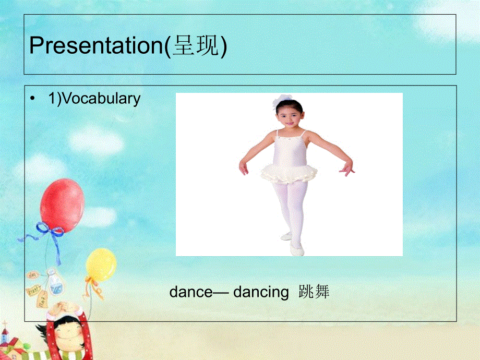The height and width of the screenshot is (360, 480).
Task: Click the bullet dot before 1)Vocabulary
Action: pos(34,99)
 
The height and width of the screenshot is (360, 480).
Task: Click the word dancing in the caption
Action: pos(261,293)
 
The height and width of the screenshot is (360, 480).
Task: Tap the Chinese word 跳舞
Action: pos(314,293)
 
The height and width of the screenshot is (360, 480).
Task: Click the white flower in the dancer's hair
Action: pos(284,100)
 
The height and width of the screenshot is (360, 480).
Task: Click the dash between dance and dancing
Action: pos(221,293)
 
